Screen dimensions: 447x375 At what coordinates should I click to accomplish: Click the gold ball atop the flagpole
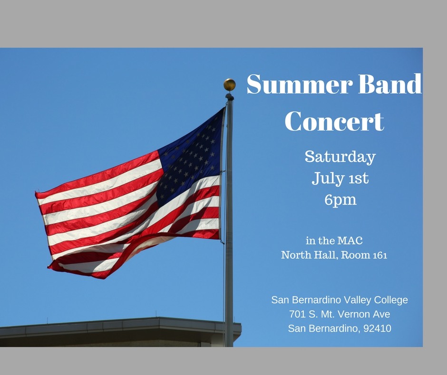pyautogui.click(x=230, y=85)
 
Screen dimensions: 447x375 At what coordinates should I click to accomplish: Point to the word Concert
pyautogui.click(x=334, y=121)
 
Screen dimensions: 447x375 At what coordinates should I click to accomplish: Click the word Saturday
pyautogui.click(x=340, y=157)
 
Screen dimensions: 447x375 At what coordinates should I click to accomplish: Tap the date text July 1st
pyautogui.click(x=340, y=178)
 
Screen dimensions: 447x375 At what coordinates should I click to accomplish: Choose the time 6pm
pyautogui.click(x=340, y=200)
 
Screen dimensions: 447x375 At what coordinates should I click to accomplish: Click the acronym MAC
pyautogui.click(x=350, y=241)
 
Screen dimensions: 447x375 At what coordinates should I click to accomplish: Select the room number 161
pyautogui.click(x=380, y=255)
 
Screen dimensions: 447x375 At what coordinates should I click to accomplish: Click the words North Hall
pyautogui.click(x=310, y=255)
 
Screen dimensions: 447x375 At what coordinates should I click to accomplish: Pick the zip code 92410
pyautogui.click(x=378, y=328)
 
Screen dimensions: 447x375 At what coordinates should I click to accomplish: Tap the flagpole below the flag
pyautogui.click(x=229, y=294)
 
